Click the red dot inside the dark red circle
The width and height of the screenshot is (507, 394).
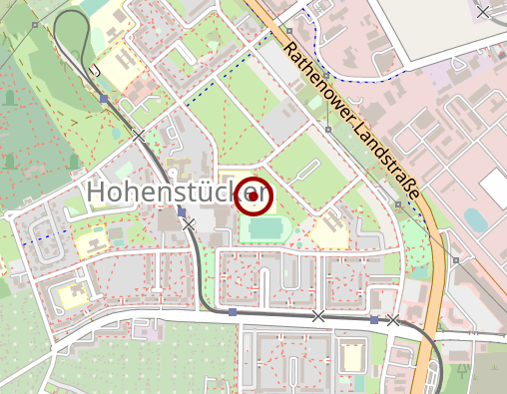(253, 197)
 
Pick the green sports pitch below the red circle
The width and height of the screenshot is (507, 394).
(265, 228)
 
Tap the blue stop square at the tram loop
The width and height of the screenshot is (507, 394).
(104, 99)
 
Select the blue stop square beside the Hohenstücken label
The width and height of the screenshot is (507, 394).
(181, 211)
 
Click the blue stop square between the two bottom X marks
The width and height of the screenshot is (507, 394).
(374, 320)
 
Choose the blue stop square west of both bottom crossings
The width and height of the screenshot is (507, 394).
(233, 313)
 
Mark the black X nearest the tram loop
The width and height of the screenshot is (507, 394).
(140, 135)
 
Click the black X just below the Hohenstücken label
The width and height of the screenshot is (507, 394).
(189, 225)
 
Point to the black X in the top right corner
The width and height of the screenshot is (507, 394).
(484, 12)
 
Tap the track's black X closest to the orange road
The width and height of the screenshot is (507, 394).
(393, 320)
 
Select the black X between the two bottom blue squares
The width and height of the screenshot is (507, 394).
(318, 316)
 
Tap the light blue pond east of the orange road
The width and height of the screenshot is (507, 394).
(476, 220)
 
